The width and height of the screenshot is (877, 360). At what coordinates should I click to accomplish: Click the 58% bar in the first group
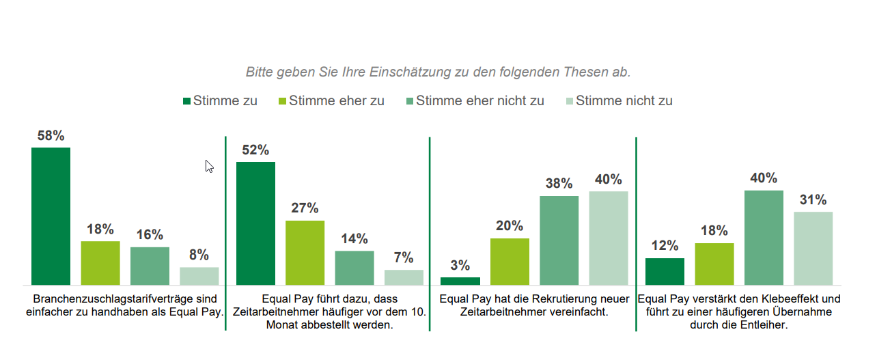tap(51, 216)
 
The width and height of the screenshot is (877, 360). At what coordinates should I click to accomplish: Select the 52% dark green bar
tap(255, 223)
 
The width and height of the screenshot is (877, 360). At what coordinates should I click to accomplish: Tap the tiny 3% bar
tap(460, 281)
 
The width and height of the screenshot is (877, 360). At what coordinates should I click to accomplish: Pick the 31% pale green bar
tap(813, 248)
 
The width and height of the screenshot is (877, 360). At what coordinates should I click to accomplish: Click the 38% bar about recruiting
tap(559, 240)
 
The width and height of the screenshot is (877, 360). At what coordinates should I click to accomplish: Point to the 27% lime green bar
tap(305, 253)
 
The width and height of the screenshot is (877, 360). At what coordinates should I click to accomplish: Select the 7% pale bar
tap(404, 277)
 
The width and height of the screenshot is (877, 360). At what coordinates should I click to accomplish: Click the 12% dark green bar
tap(665, 271)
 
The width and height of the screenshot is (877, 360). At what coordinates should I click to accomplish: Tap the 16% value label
tap(150, 235)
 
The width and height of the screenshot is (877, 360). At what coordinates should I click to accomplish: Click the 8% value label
tap(199, 255)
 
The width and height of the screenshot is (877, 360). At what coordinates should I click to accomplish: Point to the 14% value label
tap(354, 239)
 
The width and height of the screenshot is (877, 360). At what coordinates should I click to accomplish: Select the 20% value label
tap(510, 226)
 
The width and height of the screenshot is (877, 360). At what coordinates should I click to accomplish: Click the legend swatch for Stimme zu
tap(186, 102)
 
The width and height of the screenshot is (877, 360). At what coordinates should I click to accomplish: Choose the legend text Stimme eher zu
tap(336, 101)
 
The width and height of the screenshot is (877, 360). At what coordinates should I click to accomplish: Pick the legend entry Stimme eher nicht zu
tap(479, 101)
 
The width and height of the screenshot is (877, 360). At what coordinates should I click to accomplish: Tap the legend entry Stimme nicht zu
tap(624, 101)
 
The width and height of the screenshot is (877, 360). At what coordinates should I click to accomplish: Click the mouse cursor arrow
tap(209, 166)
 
